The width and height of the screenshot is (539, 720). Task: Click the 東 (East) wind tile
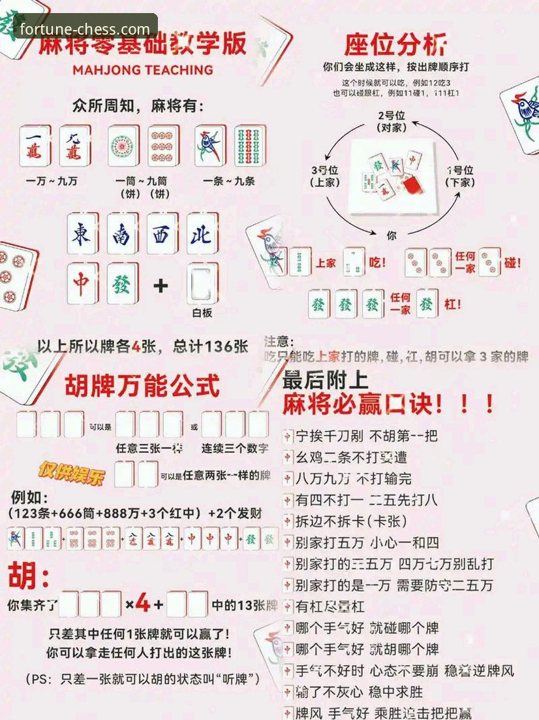82,233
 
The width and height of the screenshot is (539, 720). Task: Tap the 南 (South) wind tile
121,233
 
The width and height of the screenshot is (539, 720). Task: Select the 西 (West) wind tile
161,233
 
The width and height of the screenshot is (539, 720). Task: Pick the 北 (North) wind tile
201,233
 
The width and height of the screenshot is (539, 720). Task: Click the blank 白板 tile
202,284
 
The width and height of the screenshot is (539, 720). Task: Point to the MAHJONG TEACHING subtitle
143,70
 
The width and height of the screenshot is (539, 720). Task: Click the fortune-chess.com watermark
85,29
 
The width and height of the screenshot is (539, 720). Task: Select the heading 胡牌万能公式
142,385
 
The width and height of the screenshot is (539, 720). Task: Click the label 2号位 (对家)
391,122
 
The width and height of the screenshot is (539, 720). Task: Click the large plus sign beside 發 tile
161,286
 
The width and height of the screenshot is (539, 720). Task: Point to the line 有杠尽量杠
330,606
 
